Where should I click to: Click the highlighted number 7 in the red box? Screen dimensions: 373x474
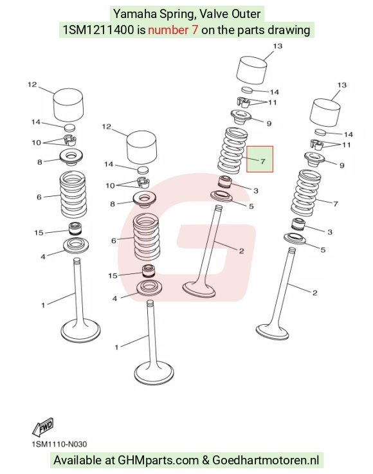pyautogui.click(x=262, y=161)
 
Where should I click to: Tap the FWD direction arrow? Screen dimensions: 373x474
pyautogui.click(x=43, y=427)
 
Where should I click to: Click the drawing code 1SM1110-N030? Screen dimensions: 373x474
pyautogui.click(x=59, y=444)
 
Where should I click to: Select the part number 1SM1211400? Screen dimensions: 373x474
pyautogui.click(x=98, y=30)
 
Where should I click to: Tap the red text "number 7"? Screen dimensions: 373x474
pyautogui.click(x=173, y=30)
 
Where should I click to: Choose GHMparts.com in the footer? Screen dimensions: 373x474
pyautogui.click(x=158, y=460)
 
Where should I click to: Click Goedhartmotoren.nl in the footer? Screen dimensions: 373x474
pyautogui.click(x=266, y=460)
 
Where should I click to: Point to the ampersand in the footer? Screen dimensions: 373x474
pyautogui.click(x=206, y=460)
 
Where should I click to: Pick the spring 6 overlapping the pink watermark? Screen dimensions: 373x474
pyautogui.click(x=146, y=237)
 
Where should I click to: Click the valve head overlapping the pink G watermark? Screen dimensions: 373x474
pyautogui.click(x=199, y=289)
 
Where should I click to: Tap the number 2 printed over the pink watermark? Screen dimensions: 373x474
pyautogui.click(x=241, y=251)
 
